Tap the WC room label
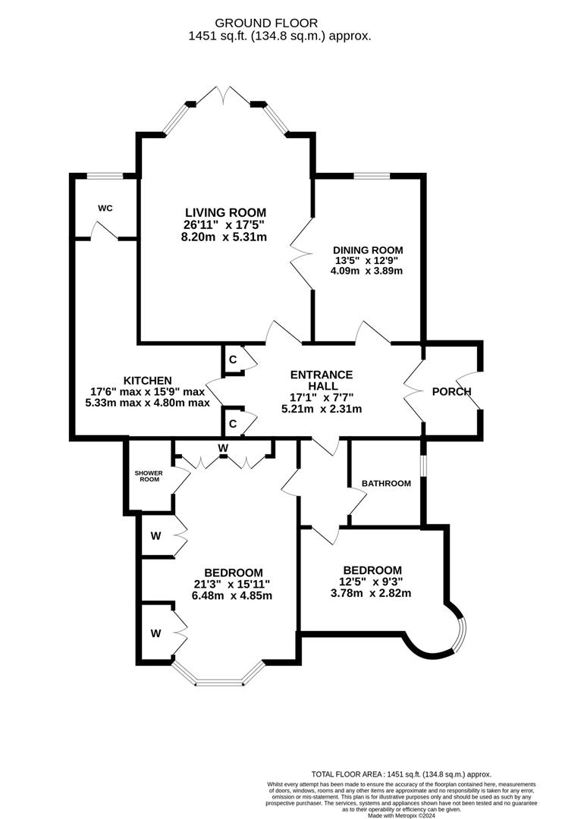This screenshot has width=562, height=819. click(105, 208)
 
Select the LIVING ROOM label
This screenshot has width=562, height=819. click(225, 212)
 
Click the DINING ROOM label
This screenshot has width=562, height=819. click(367, 249)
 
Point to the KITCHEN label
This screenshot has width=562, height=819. click(149, 381)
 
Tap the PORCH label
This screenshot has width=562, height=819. click(451, 391)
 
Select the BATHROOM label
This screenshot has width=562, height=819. click(386, 483)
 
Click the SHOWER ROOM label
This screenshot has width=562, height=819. click(149, 475)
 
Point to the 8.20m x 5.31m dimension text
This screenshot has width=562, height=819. click(225, 237)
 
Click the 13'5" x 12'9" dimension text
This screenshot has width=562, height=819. click(367, 260)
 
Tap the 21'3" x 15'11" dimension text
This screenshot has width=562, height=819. click(234, 584)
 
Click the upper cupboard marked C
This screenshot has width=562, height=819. click(233, 359)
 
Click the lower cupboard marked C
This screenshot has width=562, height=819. click(233, 422)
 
